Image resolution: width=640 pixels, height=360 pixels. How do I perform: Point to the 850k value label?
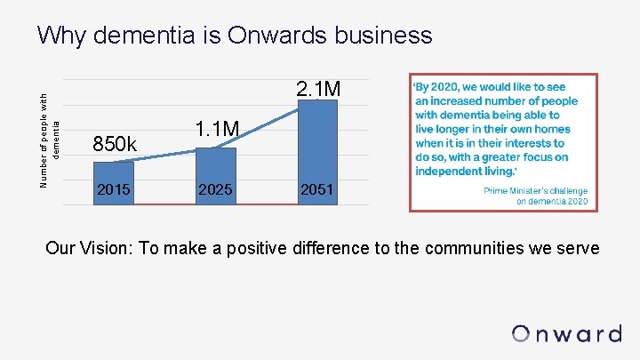[116, 143]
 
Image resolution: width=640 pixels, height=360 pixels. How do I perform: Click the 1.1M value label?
[217, 130]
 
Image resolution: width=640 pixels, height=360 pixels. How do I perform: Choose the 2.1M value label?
[317, 89]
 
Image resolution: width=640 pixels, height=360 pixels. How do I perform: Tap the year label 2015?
[114, 189]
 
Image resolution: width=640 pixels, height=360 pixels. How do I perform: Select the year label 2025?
[216, 189]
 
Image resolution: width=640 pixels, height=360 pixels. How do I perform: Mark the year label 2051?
[317, 189]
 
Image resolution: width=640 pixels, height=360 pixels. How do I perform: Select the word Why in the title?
[61, 36]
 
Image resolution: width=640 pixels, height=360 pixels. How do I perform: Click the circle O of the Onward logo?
[522, 334]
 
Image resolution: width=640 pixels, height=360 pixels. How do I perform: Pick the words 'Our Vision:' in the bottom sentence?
[90, 248]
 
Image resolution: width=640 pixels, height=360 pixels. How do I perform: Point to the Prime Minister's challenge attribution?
[535, 196]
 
